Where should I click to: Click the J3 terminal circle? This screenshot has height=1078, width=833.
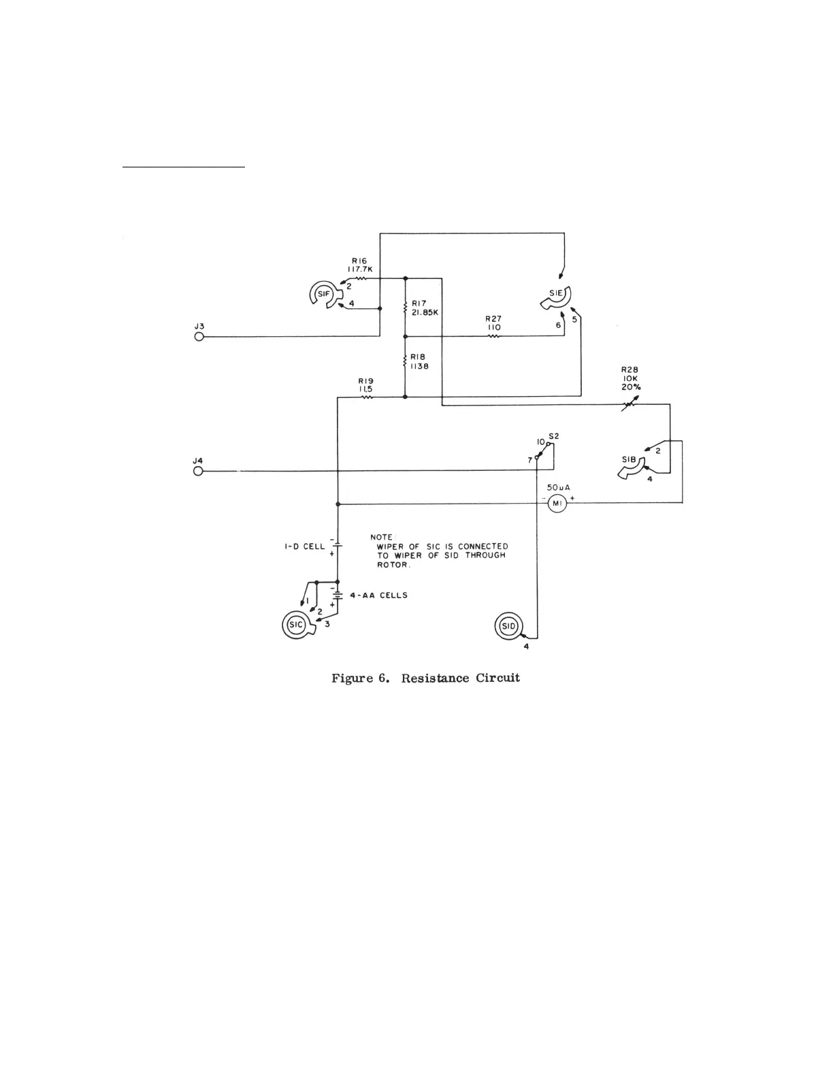199,336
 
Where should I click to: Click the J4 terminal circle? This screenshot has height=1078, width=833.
199,471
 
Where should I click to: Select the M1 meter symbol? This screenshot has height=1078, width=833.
557,503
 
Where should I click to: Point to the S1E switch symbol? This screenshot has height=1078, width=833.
558,295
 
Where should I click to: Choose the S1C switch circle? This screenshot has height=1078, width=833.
296,625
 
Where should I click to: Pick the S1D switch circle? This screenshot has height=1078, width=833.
508,625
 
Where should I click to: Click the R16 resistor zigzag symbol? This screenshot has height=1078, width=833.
361,278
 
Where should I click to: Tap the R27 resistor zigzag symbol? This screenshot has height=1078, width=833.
493,336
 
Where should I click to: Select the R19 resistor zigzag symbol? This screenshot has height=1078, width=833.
367,397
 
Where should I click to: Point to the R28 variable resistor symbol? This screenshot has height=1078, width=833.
630,405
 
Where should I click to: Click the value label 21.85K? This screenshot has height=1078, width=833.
425,313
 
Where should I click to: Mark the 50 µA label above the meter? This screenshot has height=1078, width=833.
558,487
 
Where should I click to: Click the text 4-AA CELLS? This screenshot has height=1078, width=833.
384,595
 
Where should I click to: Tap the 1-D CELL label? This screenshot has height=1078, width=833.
305,546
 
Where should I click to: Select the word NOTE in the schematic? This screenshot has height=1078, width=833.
382,537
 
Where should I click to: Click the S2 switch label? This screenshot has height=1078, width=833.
554,436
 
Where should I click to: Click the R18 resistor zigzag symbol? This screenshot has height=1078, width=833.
405,361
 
